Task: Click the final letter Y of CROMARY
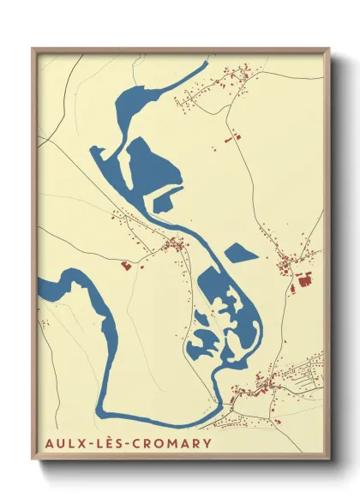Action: click(x=206, y=443)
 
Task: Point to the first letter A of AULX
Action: click(x=45, y=443)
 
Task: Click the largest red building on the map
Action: click(x=303, y=279)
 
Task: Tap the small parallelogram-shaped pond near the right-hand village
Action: click(x=239, y=252)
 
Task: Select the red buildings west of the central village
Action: click(x=127, y=266)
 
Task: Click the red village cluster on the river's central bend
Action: click(x=176, y=246)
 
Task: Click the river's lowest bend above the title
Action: click(x=171, y=420)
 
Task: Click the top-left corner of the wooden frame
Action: click(x=33, y=49)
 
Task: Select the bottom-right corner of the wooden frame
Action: click(x=329, y=460)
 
